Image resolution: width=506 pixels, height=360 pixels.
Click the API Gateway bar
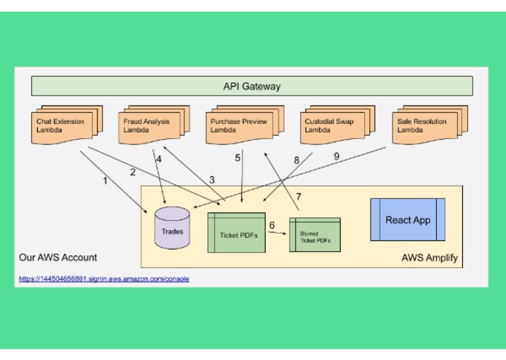[x=252, y=87]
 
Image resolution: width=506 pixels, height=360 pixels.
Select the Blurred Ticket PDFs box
[x=315, y=234]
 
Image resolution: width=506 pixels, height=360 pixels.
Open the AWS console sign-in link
[x=104, y=278]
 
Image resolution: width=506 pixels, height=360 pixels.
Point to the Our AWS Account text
[x=58, y=257]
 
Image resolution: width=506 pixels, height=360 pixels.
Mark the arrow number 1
[x=105, y=181]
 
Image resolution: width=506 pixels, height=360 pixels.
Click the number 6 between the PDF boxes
[x=272, y=225]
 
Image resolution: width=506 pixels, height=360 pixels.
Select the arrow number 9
[x=336, y=156]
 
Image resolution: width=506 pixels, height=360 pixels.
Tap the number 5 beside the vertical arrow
[x=237, y=157]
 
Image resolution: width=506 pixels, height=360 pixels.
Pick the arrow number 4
[x=159, y=158]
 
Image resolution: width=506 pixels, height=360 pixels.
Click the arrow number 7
[x=298, y=196]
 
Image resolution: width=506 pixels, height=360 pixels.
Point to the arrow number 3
[x=212, y=179]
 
